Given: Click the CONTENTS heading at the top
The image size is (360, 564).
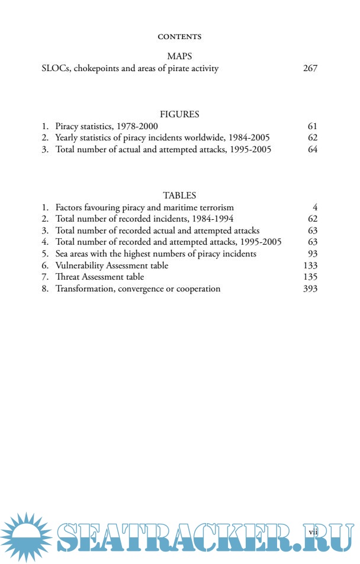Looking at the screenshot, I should [x=179, y=37].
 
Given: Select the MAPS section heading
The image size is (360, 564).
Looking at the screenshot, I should [x=179, y=56].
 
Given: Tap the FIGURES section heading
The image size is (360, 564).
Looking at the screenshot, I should [x=179, y=114].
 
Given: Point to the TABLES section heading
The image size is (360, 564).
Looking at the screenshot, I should [x=179, y=195].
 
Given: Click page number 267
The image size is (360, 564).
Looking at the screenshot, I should [x=310, y=68].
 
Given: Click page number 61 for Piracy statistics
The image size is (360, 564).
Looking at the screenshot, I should [x=313, y=126].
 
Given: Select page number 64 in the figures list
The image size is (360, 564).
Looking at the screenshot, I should [x=313, y=149].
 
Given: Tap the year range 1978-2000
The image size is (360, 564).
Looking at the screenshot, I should [x=137, y=126].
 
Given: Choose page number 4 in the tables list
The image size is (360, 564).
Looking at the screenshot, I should [x=316, y=207].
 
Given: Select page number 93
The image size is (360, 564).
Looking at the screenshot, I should [x=313, y=254].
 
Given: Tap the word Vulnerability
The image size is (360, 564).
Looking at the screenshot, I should [x=80, y=265].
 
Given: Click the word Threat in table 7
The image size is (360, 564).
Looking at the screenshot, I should [x=67, y=277].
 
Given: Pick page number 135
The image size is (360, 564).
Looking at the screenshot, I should [x=310, y=277].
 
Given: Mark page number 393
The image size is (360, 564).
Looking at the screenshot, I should [x=310, y=289].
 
